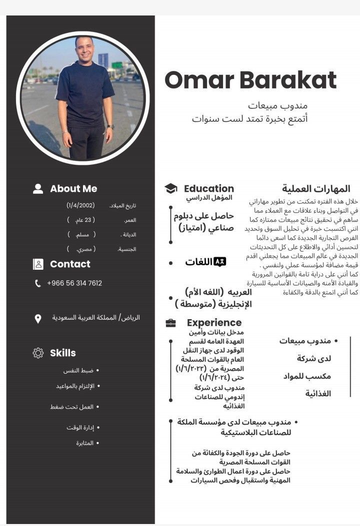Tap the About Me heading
[x=73, y=189]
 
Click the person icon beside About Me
[x=38, y=189]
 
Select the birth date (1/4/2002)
[x=80, y=205]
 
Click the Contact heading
[x=70, y=264]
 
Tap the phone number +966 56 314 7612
[x=74, y=283]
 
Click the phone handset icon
[x=38, y=284]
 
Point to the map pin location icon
[x=38, y=319]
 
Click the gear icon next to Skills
[x=38, y=353]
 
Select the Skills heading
[x=63, y=353]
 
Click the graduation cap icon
[x=171, y=188]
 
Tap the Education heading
[x=209, y=188]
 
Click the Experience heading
[x=214, y=323]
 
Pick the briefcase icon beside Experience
[x=170, y=323]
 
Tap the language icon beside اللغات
[x=220, y=262]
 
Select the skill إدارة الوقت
[x=80, y=428]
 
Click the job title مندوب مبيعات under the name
[x=278, y=105]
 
